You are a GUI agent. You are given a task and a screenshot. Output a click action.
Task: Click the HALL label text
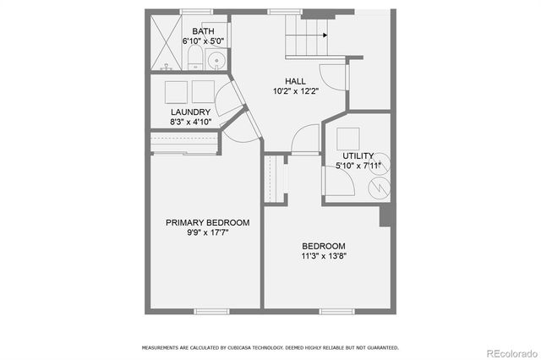(x=283, y=81)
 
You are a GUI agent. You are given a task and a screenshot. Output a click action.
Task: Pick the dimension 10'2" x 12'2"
(x=295, y=91)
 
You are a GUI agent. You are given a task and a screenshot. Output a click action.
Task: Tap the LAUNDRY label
(x=189, y=112)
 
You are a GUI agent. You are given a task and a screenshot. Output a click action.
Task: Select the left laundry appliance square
(x=177, y=91)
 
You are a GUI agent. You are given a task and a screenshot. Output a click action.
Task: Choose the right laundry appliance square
(x=205, y=91)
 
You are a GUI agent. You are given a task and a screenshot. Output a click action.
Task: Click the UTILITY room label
(x=358, y=155)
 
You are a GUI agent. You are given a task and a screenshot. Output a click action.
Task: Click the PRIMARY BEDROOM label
(x=207, y=222)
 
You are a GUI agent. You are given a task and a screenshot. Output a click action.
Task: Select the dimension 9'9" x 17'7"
(x=207, y=232)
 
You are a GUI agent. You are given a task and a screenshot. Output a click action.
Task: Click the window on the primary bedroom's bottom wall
(x=207, y=311)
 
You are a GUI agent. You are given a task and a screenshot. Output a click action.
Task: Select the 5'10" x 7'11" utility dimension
(x=358, y=166)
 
